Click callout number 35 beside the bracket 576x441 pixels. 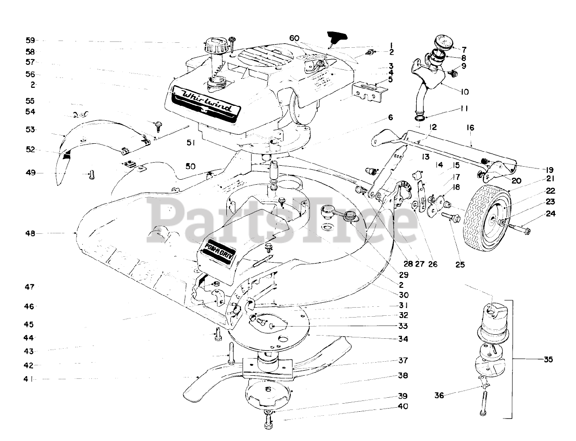pyautogui.click(x=548, y=359)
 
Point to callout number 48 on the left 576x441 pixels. pyautogui.click(x=31, y=233)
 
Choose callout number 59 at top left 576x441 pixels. pyautogui.click(x=31, y=40)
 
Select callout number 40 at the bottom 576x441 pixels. pyautogui.click(x=403, y=406)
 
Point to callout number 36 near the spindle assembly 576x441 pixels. pyautogui.click(x=439, y=396)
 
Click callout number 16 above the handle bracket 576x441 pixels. pyautogui.click(x=470, y=128)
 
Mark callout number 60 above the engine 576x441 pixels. pyautogui.click(x=294, y=39)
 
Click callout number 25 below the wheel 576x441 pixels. pyautogui.click(x=460, y=265)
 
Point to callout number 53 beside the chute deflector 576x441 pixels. pyautogui.click(x=31, y=130)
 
